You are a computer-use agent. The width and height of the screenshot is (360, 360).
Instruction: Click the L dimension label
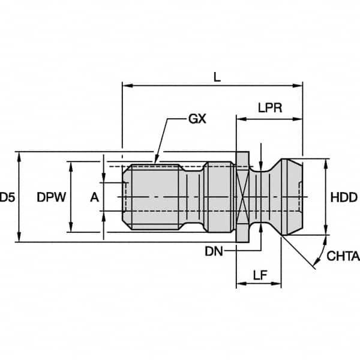(217, 77)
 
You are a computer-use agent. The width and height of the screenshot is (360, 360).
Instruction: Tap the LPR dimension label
(271, 108)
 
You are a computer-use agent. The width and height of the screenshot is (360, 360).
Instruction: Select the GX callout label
(197, 119)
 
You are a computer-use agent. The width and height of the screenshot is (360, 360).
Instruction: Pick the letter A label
(94, 197)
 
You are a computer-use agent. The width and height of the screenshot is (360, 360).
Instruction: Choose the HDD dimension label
(344, 197)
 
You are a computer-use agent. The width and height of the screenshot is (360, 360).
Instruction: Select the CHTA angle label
(343, 256)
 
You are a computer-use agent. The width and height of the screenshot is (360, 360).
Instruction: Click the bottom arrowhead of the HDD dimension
(326, 231)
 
